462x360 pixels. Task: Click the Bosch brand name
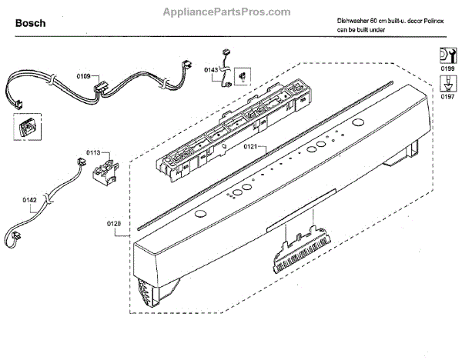pyautogui.click(x=30, y=23)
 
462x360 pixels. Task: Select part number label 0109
pyautogui.click(x=83, y=76)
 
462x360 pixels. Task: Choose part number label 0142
pyautogui.click(x=29, y=201)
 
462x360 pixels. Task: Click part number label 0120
pyautogui.click(x=114, y=225)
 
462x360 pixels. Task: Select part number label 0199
pyautogui.click(x=446, y=70)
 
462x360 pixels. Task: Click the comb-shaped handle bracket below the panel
pyautogui.click(x=296, y=248)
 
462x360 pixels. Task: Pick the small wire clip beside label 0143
pyautogui.click(x=241, y=75)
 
